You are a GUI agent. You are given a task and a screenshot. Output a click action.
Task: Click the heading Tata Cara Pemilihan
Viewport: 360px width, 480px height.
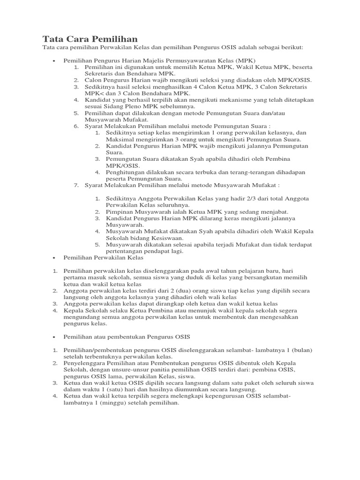90,38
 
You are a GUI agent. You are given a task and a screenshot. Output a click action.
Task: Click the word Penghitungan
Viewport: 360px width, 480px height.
127,172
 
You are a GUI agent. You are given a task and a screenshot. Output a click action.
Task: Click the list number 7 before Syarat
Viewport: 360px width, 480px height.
76,185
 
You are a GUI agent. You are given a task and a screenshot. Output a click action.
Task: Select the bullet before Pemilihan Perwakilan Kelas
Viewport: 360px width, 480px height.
54,258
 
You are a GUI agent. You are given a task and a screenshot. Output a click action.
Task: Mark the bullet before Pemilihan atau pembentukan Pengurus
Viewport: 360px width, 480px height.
54,337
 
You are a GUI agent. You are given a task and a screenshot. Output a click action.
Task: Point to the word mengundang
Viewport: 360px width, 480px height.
81,317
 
